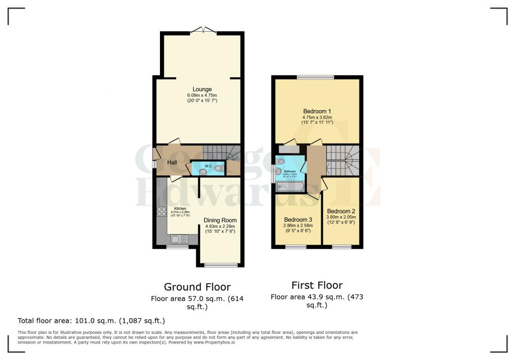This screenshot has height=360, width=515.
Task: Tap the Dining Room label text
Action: tap(220, 220)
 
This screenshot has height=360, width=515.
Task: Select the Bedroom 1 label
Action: tap(317, 111)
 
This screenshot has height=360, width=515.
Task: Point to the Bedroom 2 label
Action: tap(341, 211)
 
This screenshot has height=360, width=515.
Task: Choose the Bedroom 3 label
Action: tap(298, 220)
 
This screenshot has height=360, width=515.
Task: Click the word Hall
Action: tap(172, 162)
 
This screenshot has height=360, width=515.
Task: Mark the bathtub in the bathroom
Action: tap(290, 188)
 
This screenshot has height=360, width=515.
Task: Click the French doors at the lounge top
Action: tap(204, 30)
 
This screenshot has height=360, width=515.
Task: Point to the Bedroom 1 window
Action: tap(315, 77)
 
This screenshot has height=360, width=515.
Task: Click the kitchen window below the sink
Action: tap(177, 247)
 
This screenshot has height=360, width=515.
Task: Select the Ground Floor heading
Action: tap(197, 287)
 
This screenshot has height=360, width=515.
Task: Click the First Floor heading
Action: tap(317, 286)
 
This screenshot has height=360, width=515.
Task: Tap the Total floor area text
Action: tap(91, 320)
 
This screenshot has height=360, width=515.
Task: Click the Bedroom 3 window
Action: tap(296, 246)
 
